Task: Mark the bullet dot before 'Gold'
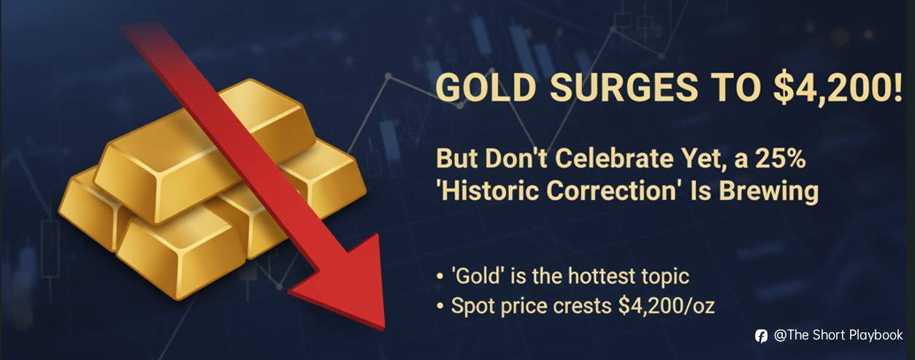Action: [439, 278]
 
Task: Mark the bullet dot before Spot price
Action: [439, 306]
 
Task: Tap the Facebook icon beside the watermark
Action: [761, 336]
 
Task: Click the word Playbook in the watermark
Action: [876, 335]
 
